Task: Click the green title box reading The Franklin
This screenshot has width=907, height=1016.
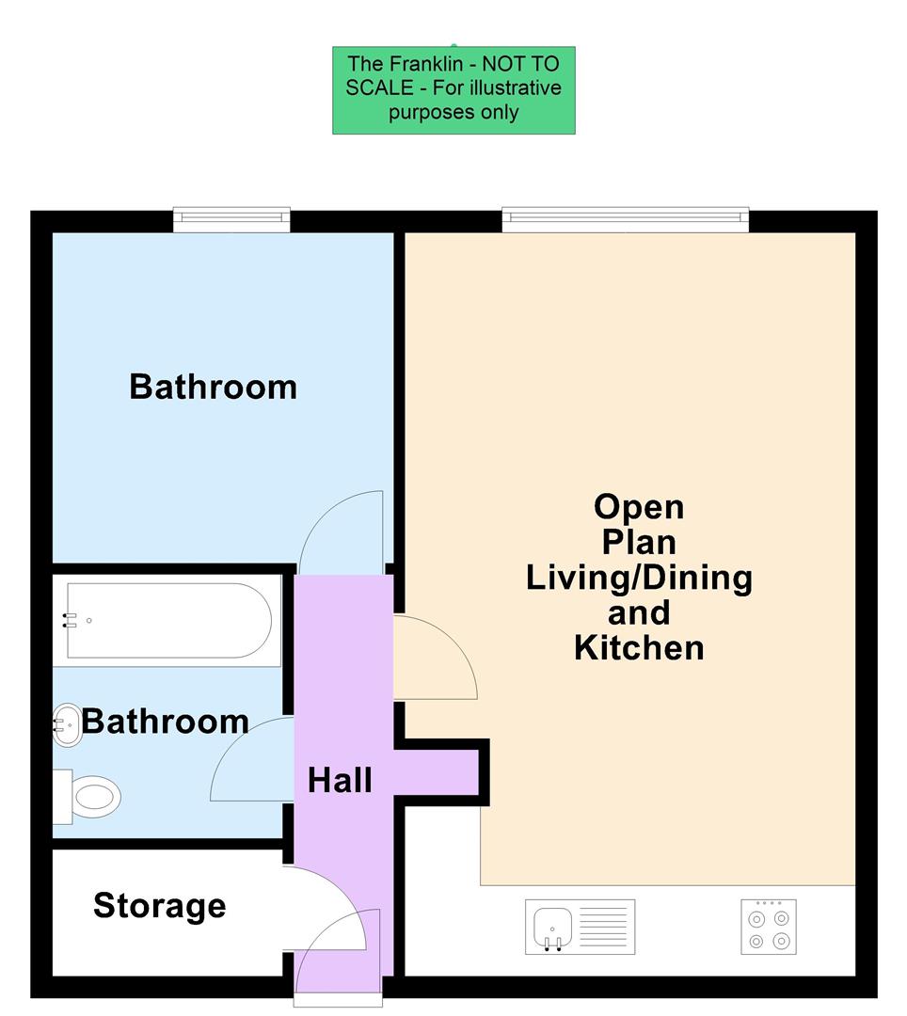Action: click(453, 90)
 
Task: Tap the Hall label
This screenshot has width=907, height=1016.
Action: click(341, 780)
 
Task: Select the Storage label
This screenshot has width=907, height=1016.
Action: click(160, 905)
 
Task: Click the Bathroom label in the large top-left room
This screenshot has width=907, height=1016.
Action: click(213, 387)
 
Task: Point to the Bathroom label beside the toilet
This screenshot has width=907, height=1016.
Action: click(166, 722)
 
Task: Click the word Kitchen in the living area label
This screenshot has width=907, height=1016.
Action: click(639, 648)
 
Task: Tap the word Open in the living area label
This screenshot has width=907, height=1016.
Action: click(639, 507)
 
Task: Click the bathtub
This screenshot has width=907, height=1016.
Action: click(169, 622)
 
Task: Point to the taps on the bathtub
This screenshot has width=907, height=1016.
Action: click(69, 621)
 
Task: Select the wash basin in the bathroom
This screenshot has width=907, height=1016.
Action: click(66, 725)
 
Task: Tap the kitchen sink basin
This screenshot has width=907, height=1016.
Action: click(551, 927)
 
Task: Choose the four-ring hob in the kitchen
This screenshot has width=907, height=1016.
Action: click(768, 927)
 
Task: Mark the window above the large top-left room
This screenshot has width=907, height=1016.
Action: click(231, 220)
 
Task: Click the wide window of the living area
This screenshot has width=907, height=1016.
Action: click(625, 220)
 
